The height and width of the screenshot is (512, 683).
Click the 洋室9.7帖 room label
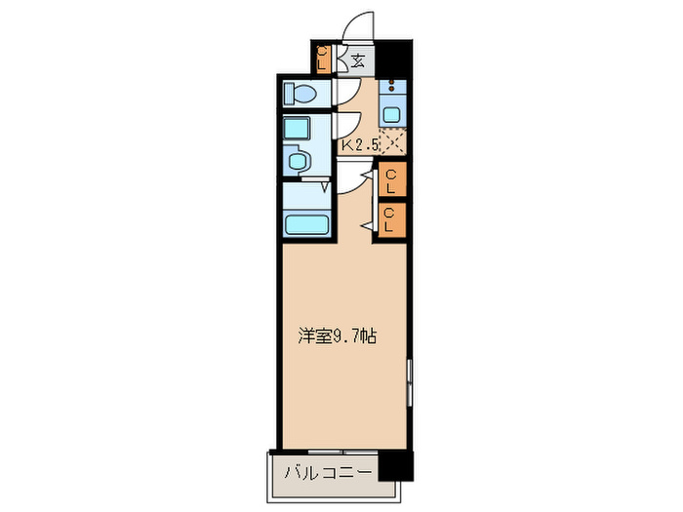pos(337,337)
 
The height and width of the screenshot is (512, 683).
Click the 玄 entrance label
pos(358,61)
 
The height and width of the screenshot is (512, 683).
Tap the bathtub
pos(306,225)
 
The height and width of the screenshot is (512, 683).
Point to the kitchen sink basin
pos(391,112)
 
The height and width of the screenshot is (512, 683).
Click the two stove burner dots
pos(391,86)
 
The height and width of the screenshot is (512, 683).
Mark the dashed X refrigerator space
pos(393,142)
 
